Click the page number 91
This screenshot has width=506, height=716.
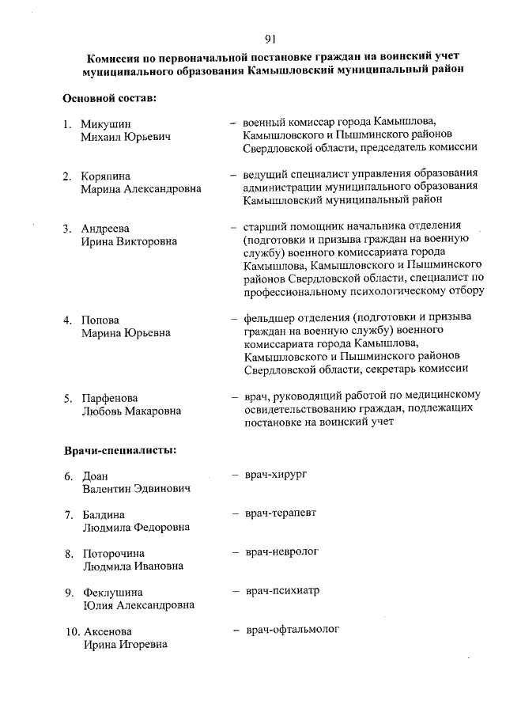(270, 38)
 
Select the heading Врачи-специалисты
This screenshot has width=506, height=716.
(119, 450)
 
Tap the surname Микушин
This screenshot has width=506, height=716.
(106, 124)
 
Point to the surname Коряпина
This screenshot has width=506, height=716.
(106, 176)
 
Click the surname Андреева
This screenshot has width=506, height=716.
(106, 228)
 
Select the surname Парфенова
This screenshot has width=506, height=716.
(110, 397)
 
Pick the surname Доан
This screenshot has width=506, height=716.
(96, 476)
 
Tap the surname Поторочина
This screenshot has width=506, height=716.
(114, 553)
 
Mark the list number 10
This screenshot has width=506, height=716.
(71, 631)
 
